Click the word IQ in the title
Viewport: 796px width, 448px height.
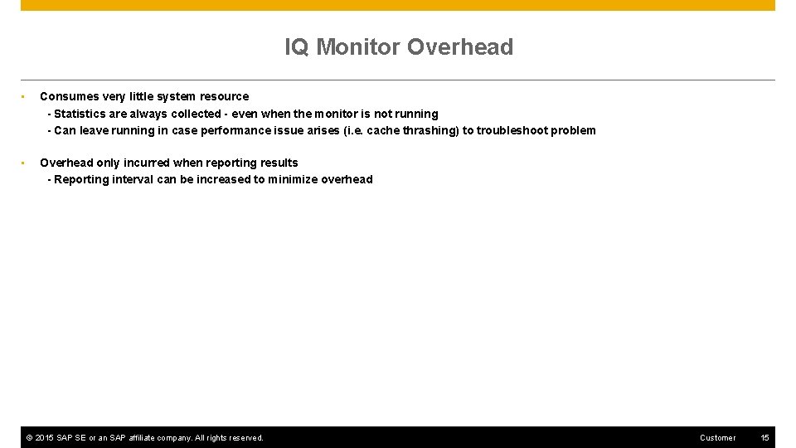click(297, 47)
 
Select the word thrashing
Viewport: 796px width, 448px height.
click(430, 130)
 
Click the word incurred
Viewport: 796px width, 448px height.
click(146, 163)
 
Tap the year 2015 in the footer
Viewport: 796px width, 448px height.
click(45, 438)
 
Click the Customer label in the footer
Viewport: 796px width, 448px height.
click(717, 438)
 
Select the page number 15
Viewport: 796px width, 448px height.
click(764, 438)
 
